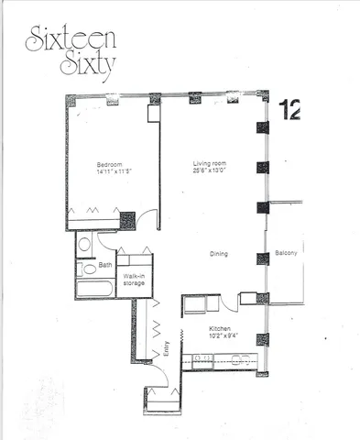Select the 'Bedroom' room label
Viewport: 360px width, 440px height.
[x=110, y=165]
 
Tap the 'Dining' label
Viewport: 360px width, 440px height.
[x=217, y=254]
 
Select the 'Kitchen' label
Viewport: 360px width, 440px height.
[x=219, y=328]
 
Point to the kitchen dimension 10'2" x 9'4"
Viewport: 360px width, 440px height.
[x=220, y=336]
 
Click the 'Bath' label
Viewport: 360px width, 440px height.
[x=105, y=266]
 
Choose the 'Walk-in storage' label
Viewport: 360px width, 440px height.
[x=134, y=280]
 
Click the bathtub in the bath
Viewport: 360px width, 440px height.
[x=94, y=289]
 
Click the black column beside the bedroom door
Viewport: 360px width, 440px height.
[x=127, y=221]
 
